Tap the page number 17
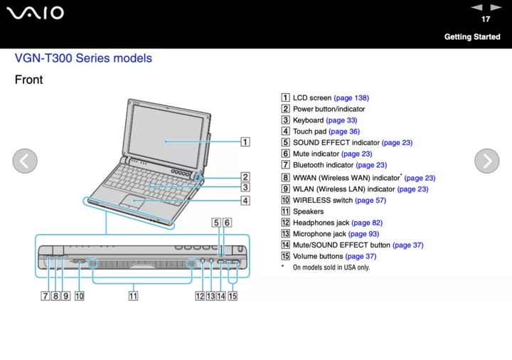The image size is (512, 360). [485, 18]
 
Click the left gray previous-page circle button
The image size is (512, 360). [25, 162]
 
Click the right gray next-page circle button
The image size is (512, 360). [486, 162]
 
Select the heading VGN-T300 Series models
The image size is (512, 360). [83, 58]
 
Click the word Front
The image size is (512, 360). [28, 80]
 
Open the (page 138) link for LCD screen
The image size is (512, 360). [351, 97]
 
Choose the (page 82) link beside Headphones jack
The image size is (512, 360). [367, 223]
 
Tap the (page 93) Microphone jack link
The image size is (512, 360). [363, 233]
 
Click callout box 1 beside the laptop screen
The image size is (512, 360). [244, 142]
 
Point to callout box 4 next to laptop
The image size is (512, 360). [244, 201]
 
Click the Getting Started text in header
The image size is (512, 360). [472, 36]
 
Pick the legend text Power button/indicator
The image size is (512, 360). [329, 109]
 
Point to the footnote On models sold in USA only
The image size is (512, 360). [331, 268]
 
